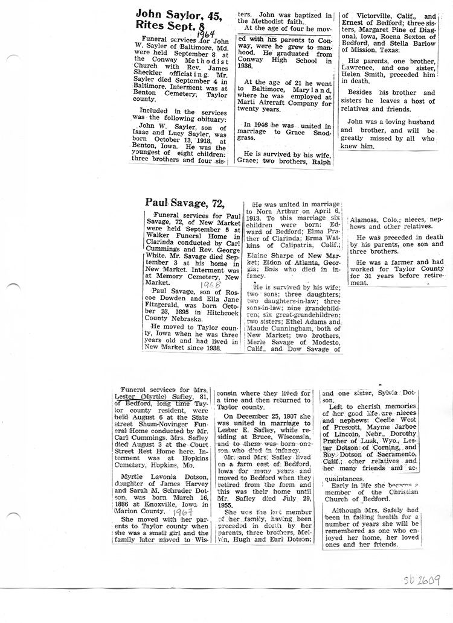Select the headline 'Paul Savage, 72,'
point(185,203)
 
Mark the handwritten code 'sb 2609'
point(420,581)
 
